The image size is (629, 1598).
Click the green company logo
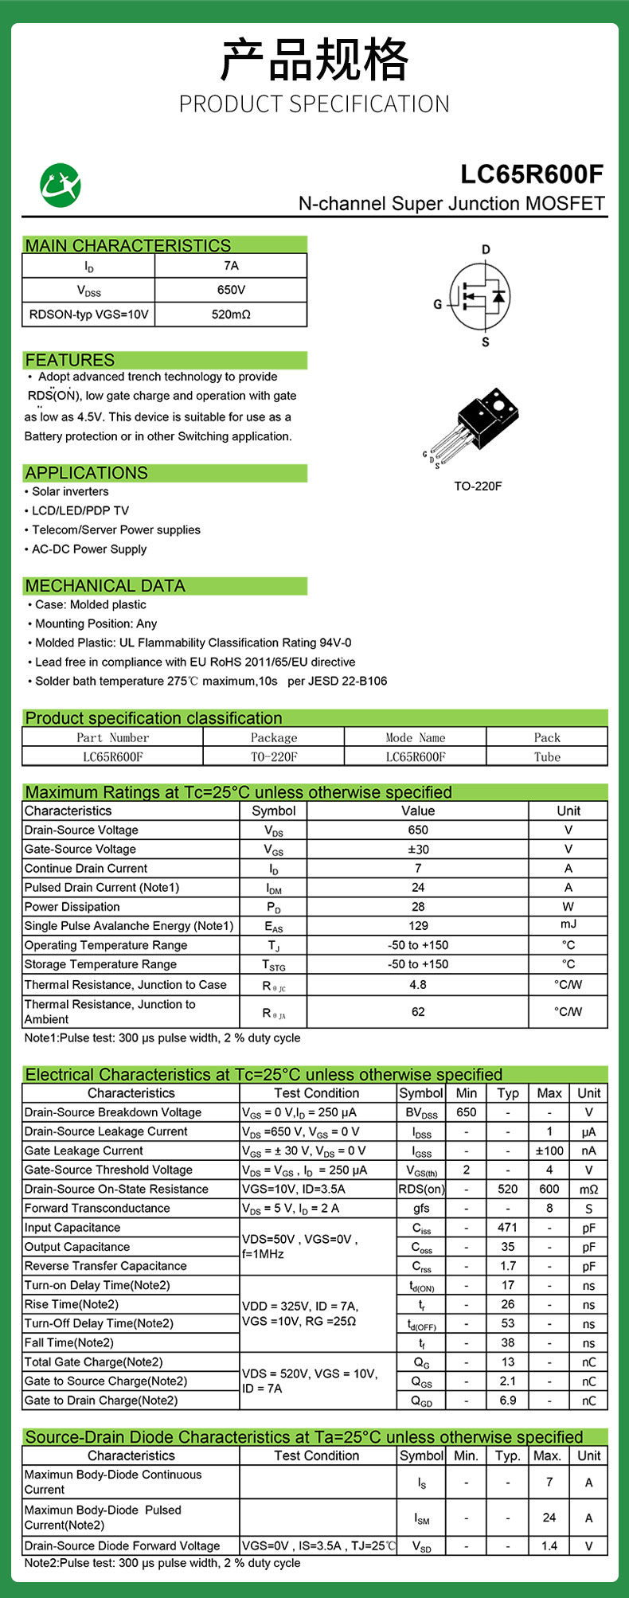[61, 185]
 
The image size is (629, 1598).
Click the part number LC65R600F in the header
[532, 174]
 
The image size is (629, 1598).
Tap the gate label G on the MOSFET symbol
[437, 304]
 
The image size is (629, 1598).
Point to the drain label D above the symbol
[486, 250]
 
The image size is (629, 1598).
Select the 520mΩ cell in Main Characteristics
[231, 315]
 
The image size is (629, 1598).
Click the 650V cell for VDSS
[231, 290]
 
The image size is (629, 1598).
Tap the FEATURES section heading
[70, 360]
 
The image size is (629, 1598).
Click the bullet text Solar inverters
[70, 491]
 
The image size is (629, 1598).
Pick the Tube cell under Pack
[547, 756]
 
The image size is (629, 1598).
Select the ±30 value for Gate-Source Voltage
[418, 849]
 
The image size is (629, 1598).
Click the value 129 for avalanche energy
[418, 926]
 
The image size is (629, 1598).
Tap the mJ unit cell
[568, 924]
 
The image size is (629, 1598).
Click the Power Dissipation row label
[72, 906]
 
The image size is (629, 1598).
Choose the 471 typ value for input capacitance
[507, 1228]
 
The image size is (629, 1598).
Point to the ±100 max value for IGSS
[549, 1151]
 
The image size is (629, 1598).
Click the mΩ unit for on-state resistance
[588, 1189]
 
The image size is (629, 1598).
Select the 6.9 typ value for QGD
[507, 1400]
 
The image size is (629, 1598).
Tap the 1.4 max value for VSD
[549, 1545]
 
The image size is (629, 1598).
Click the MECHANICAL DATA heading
[105, 586]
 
